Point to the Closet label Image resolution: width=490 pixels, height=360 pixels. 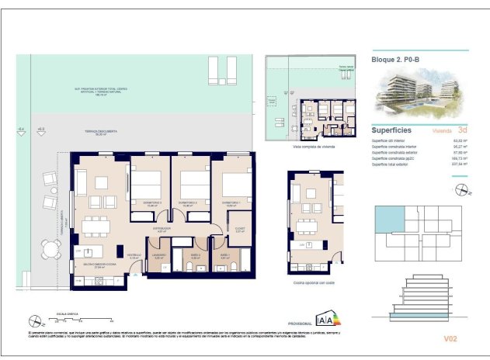240,229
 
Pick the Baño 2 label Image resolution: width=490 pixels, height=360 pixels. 196,255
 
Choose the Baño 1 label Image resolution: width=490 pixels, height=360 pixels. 224,255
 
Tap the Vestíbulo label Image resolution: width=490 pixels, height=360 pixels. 134,255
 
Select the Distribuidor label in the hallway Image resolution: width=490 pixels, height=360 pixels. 161,229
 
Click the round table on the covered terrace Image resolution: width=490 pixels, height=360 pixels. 50,250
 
